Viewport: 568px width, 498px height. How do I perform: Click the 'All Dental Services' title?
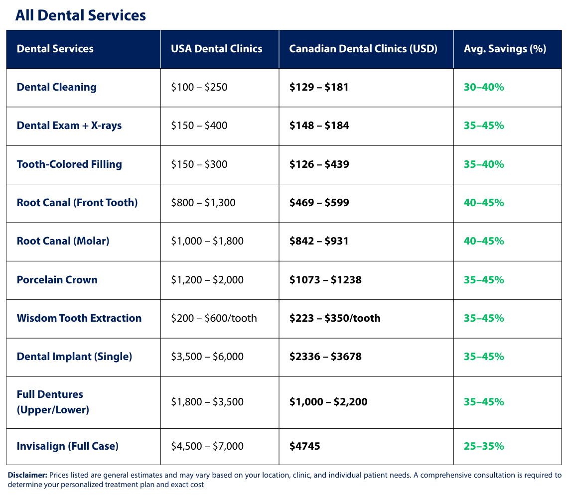pyautogui.click(x=80, y=15)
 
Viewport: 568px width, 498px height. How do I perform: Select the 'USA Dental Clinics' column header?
pyautogui.click(x=216, y=49)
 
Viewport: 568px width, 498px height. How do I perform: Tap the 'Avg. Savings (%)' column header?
pyautogui.click(x=505, y=49)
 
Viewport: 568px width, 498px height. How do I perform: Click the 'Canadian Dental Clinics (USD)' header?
pyautogui.click(x=363, y=49)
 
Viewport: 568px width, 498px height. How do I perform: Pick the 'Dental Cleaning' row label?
pyautogui.click(x=56, y=87)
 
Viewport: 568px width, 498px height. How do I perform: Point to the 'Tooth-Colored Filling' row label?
pyautogui.click(x=69, y=164)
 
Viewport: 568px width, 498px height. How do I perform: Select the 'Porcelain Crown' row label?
pyautogui.click(x=57, y=280)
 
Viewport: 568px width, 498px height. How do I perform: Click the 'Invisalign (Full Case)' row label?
pyautogui.click(x=67, y=446)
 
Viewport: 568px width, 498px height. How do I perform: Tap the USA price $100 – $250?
pyautogui.click(x=199, y=87)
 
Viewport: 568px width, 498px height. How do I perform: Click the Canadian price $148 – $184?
pyautogui.click(x=319, y=125)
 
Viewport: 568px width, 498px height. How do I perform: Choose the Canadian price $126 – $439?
pyautogui.click(x=319, y=164)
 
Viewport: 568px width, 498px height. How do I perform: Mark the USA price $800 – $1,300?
pyautogui.click(x=203, y=203)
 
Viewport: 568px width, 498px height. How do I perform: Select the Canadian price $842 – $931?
pyautogui.click(x=319, y=241)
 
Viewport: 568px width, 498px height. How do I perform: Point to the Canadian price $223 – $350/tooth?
pyautogui.click(x=334, y=318)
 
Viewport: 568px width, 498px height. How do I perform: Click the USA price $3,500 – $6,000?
pyautogui.click(x=207, y=357)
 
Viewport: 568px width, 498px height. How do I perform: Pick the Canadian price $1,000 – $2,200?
pyautogui.click(x=328, y=402)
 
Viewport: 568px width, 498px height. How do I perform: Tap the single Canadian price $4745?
pyautogui.click(x=304, y=446)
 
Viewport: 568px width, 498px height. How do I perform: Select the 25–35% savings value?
pyautogui.click(x=483, y=446)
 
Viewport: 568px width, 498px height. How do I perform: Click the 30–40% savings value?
pyautogui.click(x=483, y=87)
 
